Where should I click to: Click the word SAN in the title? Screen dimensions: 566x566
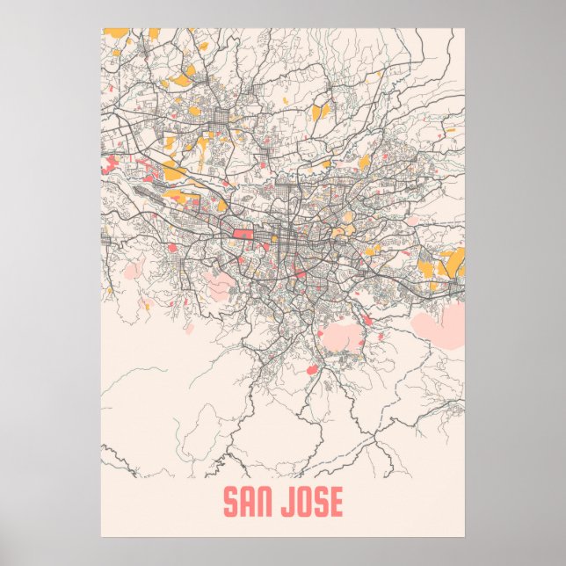[x=249, y=503]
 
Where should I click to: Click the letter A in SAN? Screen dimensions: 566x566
[x=249, y=503]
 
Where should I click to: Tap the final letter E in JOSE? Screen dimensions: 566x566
[x=336, y=503]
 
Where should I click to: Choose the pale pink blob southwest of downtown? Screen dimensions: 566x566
[x=220, y=283]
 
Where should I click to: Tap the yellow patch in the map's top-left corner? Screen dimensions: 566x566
[x=114, y=33]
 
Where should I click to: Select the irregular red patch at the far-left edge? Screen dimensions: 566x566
[x=110, y=164]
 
